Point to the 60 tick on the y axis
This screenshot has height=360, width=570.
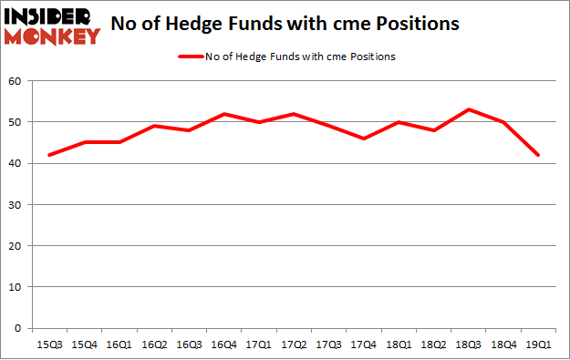pyautogui.click(x=16, y=81)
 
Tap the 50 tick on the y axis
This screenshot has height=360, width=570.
pyautogui.click(x=16, y=122)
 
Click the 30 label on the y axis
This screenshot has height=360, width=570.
pyautogui.click(x=16, y=205)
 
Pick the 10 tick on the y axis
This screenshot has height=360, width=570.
pyautogui.click(x=16, y=287)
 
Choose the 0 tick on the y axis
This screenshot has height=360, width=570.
pyautogui.click(x=18, y=328)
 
